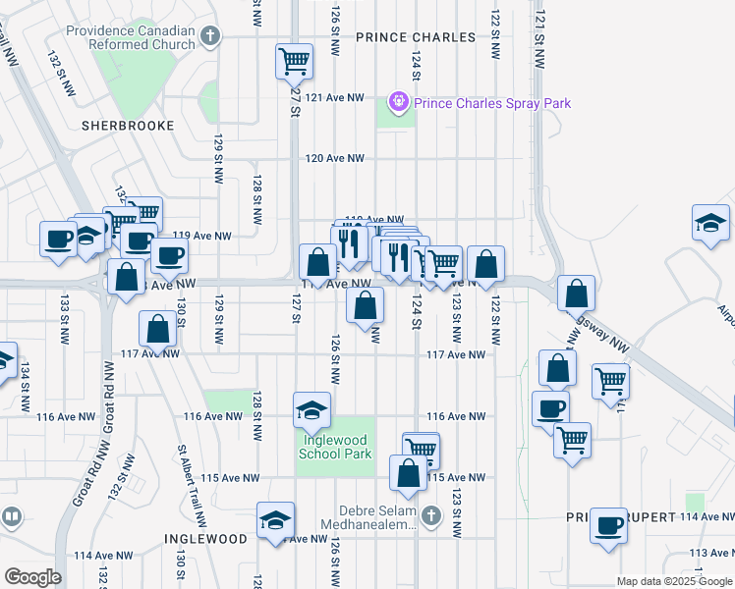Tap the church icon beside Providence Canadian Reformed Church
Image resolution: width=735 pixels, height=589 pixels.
[x=209, y=37]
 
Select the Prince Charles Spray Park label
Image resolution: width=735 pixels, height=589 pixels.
[x=491, y=103]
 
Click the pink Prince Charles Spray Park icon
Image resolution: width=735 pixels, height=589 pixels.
[x=398, y=101]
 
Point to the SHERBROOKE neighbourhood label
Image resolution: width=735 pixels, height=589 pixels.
[x=128, y=126]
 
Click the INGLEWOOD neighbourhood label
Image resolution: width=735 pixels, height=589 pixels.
[x=205, y=539]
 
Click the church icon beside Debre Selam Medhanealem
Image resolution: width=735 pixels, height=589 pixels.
[x=430, y=513]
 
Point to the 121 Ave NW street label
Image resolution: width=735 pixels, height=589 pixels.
[x=334, y=98]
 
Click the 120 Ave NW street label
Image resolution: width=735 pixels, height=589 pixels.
[x=334, y=158]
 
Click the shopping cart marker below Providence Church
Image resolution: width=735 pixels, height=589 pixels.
[x=294, y=61]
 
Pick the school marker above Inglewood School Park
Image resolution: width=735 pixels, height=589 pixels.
[x=311, y=410]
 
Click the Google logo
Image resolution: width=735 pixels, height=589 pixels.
[x=32, y=577]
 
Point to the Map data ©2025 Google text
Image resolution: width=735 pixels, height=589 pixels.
[x=674, y=581]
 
